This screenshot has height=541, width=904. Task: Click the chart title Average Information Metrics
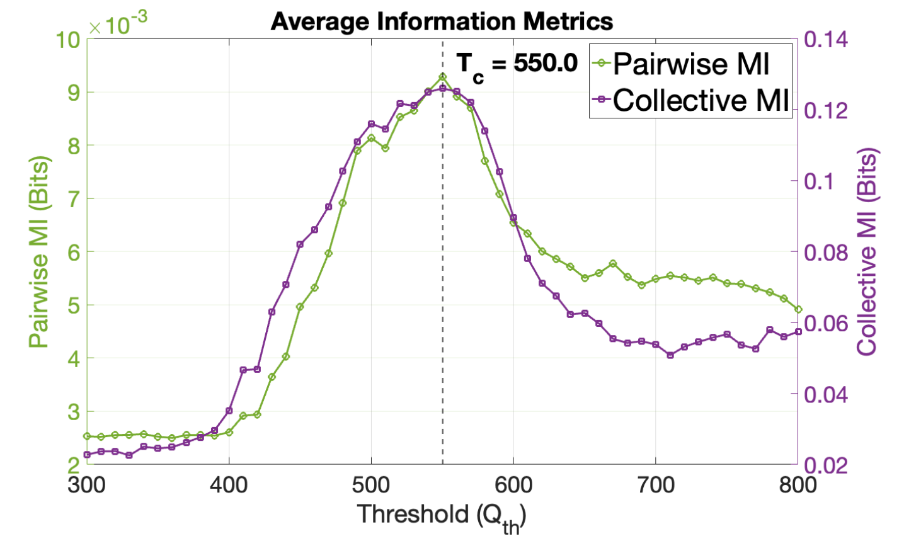pos(442,21)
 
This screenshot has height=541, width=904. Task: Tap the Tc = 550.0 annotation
pos(517,64)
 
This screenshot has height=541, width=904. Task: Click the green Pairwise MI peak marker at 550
pos(443,77)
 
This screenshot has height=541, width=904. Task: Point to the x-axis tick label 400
pos(229,485)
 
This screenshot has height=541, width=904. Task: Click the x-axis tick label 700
pos(656,485)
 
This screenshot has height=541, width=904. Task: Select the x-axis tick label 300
pos(87,485)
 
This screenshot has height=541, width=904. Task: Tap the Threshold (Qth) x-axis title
pos(442,516)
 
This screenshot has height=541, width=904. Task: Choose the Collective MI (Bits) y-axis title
pos(867,252)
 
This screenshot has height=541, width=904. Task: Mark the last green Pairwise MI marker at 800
pos(798,309)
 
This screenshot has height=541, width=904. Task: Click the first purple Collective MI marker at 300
pos(87,455)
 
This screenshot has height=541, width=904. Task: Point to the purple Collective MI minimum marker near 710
pos(670,355)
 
